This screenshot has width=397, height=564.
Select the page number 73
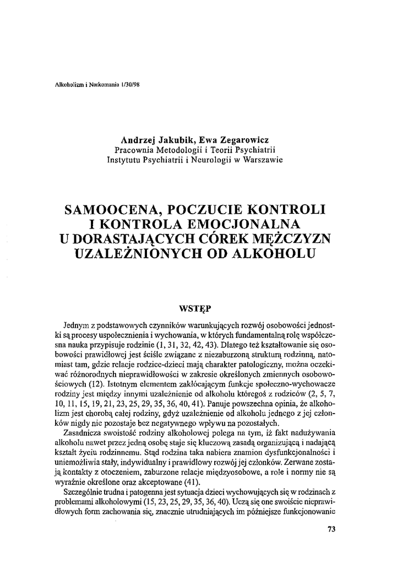(331, 530)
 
